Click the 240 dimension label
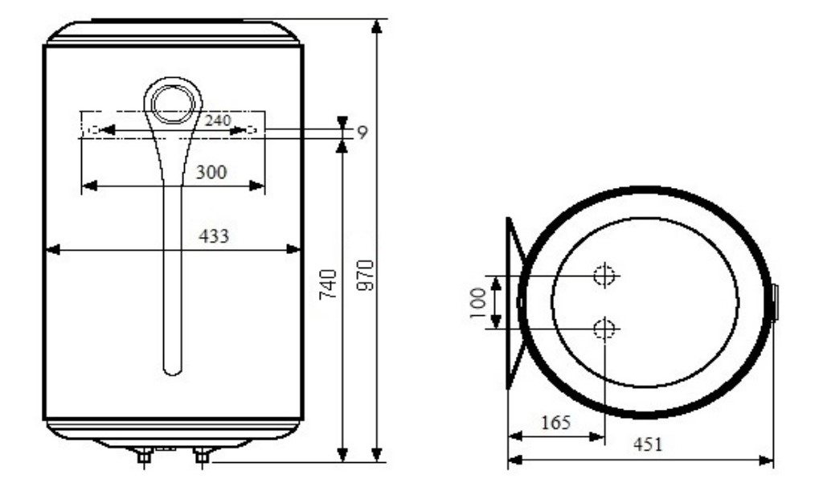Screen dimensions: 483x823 218,121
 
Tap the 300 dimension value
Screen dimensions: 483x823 211,170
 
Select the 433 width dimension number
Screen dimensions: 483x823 215,235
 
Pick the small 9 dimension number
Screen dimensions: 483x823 362,133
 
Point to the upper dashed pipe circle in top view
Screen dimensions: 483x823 604,276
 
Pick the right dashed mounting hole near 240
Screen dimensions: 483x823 252,129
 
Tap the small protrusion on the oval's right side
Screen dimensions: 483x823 775,302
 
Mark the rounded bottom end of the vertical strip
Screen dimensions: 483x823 172,368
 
